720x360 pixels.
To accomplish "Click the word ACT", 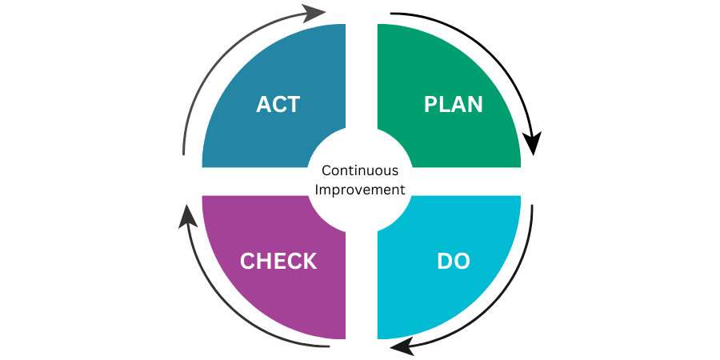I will [x=278, y=104].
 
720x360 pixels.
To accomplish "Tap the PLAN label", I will [x=454, y=104].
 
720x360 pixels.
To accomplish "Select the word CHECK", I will [x=278, y=261].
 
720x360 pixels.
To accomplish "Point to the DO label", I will [x=454, y=261].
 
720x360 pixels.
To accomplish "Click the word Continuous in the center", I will [x=360, y=170].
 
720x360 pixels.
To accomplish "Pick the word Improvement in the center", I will [x=360, y=190].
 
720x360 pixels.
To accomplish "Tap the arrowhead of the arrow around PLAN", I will [x=532, y=145].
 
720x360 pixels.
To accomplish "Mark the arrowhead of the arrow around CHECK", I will [x=187, y=214].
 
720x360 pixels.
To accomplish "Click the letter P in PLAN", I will [x=430, y=104].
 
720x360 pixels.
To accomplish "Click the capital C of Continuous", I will [x=325, y=170].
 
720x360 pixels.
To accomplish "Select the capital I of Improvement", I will [x=317, y=190].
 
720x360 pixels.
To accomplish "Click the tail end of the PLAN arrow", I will [x=390, y=14].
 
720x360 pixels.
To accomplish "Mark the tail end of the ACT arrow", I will [x=184, y=154].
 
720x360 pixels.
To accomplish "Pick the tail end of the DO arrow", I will [x=532, y=206].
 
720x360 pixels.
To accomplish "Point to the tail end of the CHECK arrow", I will [x=329, y=346].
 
